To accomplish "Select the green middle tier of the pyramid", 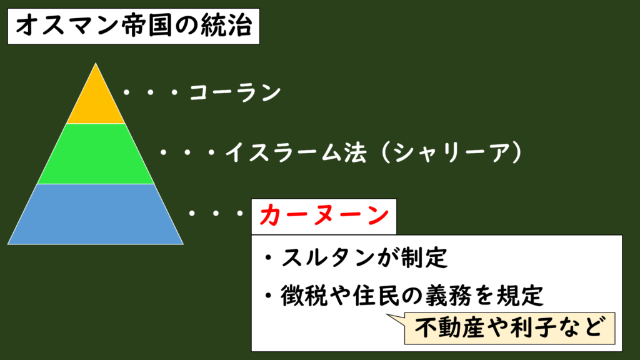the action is click(96, 154).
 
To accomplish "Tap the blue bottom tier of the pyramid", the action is click(96, 214).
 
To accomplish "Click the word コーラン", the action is click(236, 92).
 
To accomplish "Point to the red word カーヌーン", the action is click(324, 216).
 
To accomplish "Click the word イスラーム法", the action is click(296, 153).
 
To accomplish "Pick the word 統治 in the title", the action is click(226, 26).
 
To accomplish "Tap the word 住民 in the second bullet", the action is click(377, 296).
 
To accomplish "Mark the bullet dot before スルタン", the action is click(268, 258).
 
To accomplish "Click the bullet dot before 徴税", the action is click(268, 296).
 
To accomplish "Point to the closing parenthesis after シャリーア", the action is click(517, 153).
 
